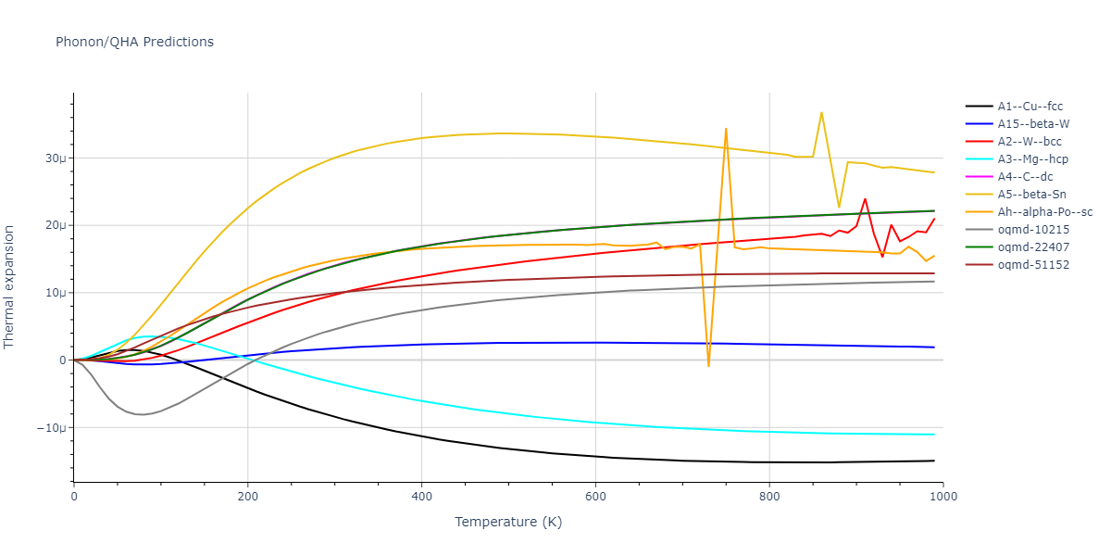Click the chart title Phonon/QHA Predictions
click(134, 42)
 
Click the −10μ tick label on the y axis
click(52, 428)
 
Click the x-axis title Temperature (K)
click(508, 522)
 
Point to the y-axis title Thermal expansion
click(10, 286)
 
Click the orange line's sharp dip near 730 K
click(709, 366)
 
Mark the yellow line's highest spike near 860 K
click(821, 113)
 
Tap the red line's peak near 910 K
click(865, 198)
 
